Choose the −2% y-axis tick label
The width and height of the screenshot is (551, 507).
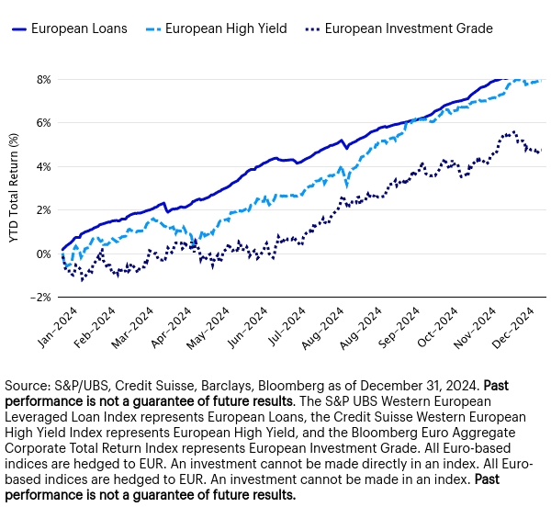click(42, 297)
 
